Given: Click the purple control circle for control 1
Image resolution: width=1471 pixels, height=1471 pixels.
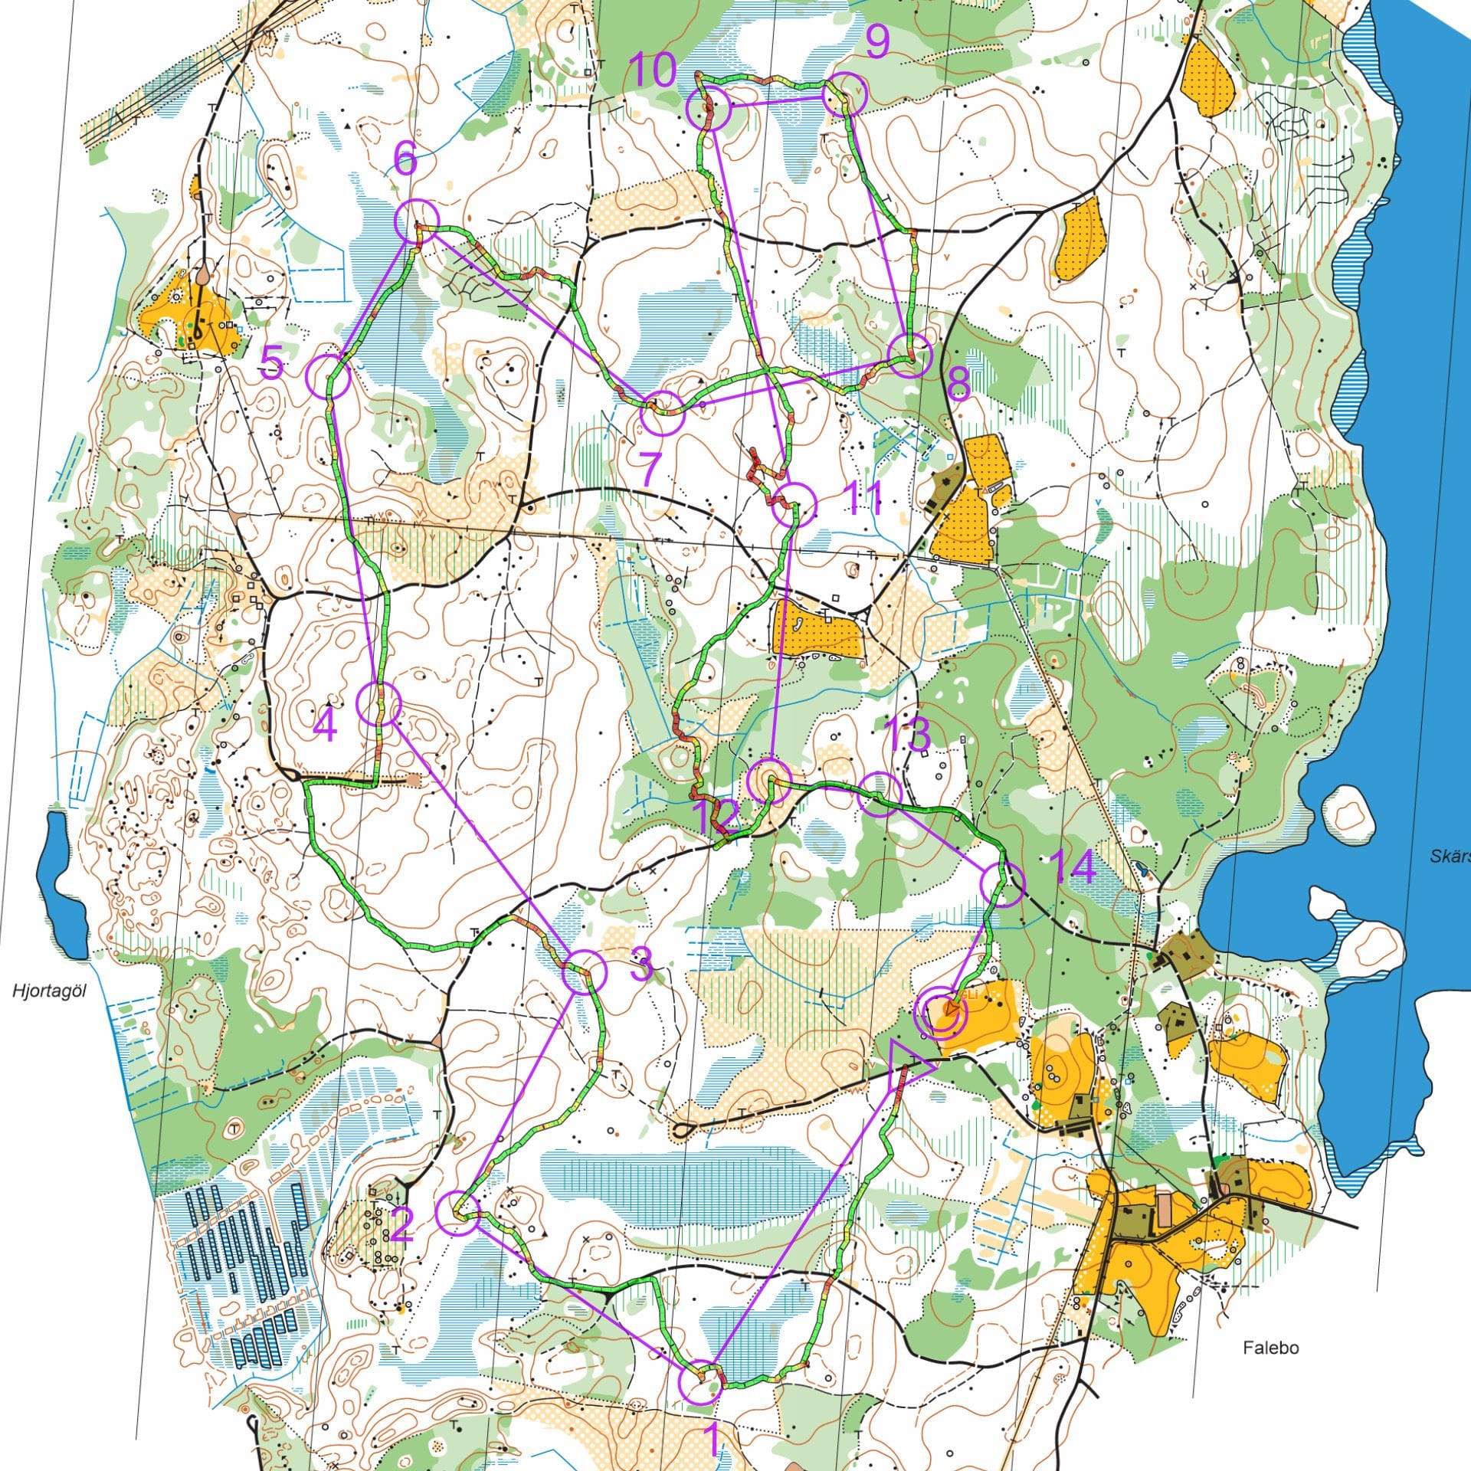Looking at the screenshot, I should click(700, 1384).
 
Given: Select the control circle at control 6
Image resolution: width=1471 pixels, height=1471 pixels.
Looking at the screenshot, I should click(416, 221).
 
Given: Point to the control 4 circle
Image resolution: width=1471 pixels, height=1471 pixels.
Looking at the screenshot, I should click(379, 703).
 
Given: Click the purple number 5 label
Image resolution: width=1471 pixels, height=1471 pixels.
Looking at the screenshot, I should click(272, 362).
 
